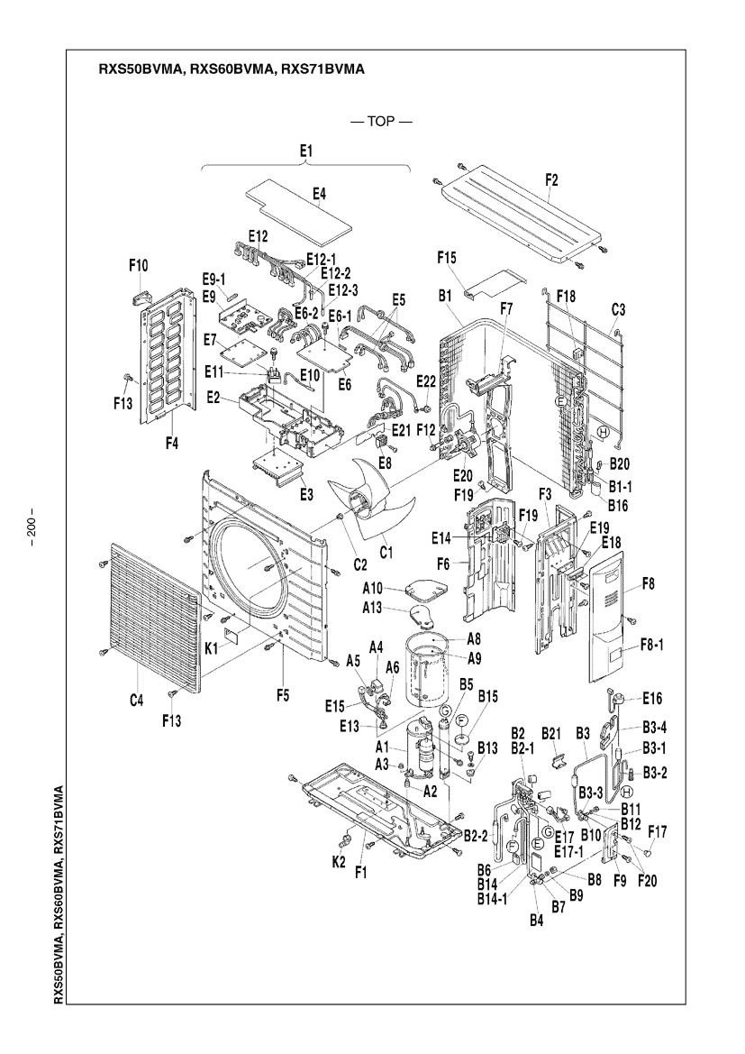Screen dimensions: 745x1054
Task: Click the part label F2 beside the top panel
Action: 550,180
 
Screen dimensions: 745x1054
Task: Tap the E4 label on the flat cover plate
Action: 319,194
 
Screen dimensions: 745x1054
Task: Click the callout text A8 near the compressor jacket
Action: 474,638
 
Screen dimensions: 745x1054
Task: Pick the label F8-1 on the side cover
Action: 651,646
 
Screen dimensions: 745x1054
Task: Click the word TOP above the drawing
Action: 381,122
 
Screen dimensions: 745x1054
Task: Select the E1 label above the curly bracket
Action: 306,151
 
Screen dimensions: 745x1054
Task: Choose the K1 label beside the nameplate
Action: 212,648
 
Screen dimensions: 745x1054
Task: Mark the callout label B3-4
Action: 654,728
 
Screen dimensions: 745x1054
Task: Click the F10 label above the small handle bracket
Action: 139,265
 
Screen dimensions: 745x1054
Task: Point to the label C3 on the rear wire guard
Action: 618,310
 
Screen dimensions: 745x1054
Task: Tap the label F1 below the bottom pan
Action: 360,873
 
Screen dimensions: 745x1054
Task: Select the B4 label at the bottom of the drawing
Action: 535,921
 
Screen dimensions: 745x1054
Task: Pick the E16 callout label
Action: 651,699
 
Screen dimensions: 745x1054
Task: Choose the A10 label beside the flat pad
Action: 372,589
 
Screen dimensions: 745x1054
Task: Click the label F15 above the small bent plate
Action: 447,257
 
